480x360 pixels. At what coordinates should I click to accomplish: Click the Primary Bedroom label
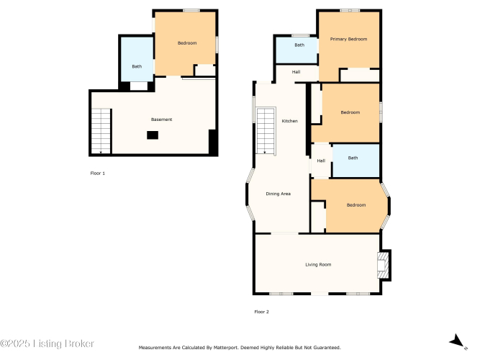point(348,39)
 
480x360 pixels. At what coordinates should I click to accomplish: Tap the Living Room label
point(318,265)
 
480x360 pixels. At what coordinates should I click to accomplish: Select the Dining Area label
point(279,194)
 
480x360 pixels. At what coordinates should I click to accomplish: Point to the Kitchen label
point(289,121)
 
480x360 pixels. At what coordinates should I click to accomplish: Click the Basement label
point(162,120)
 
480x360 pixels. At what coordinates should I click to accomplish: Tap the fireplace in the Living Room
point(384,266)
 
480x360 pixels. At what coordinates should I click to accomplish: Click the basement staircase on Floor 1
point(101,131)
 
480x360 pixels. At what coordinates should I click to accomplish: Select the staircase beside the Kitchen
point(266,131)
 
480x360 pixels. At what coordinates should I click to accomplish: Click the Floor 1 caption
point(98,174)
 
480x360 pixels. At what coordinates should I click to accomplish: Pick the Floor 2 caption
point(261,312)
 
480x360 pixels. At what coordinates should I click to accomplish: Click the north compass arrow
point(457,341)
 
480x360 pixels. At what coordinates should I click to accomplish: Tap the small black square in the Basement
point(153,135)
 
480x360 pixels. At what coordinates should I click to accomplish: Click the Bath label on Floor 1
point(137,66)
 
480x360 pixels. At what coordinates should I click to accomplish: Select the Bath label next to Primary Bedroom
point(299,45)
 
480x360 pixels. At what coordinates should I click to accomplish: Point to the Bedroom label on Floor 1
point(187,43)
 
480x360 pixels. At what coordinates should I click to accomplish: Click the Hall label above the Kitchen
point(296,72)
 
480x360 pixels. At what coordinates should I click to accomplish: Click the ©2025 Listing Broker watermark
point(47,343)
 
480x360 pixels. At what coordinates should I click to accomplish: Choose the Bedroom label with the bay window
point(356,205)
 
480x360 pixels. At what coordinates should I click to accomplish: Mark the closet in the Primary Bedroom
point(360,75)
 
